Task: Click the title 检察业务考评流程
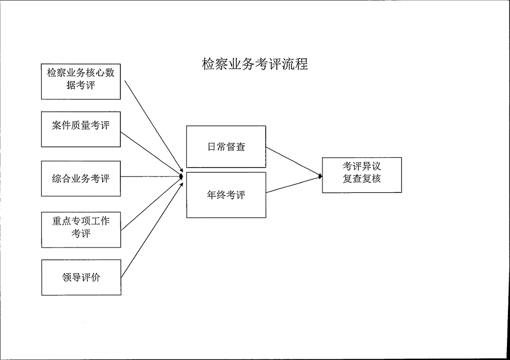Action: point(254,64)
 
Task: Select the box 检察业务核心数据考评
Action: point(81,82)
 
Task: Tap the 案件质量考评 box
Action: point(81,129)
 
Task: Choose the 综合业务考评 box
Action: point(81,179)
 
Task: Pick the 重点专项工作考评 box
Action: point(81,230)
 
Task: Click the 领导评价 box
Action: point(81,277)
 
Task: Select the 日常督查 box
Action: point(226,147)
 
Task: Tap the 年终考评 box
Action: point(226,195)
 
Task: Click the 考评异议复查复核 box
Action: point(362,175)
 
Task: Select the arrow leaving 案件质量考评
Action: point(152,153)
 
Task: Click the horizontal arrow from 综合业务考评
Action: point(152,177)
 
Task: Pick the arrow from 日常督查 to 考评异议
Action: point(294,161)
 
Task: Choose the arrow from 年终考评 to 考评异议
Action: point(294,184)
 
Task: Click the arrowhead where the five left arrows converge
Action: point(181,177)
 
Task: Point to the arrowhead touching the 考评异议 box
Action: point(321,176)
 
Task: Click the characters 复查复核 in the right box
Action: point(362,179)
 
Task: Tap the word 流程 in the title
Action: point(295,64)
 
